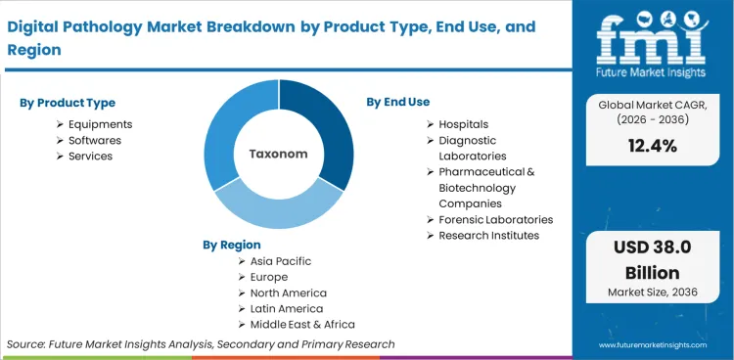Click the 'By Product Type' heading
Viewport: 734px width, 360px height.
66,103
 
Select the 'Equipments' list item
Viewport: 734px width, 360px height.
100,124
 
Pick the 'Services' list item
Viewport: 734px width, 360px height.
90,156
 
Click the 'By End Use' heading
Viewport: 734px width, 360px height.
397,102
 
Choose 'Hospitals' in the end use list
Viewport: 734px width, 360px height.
463,124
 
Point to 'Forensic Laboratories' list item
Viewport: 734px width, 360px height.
495,219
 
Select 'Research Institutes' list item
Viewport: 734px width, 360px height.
488,235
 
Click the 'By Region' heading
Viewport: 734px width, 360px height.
232,245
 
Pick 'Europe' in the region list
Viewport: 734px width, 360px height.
269,277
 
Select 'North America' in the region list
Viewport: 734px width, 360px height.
288,292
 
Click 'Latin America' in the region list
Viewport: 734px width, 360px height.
286,308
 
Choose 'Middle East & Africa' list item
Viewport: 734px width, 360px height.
302,324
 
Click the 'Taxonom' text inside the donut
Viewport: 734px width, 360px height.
278,154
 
